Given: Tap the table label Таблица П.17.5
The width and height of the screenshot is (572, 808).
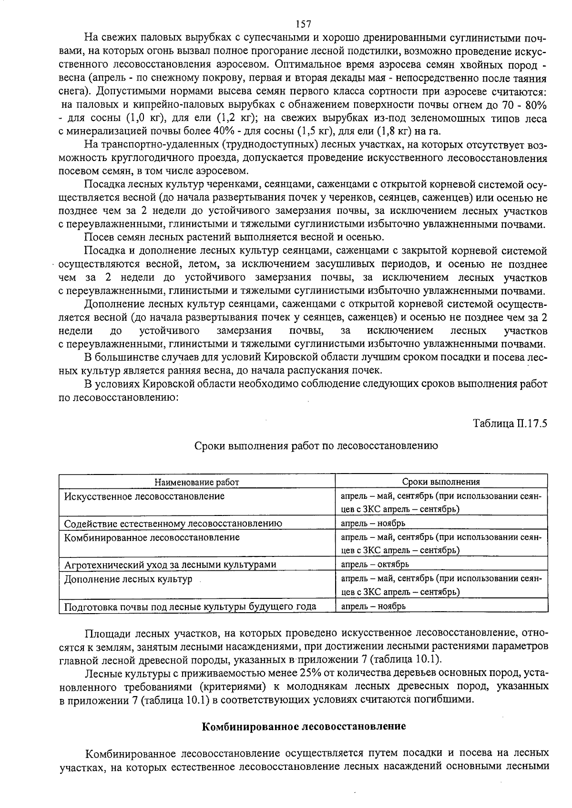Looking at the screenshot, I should [x=510, y=423].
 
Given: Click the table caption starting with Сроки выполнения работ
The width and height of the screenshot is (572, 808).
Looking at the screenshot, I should [x=316, y=446].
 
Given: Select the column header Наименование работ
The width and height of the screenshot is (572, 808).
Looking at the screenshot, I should [x=196, y=482].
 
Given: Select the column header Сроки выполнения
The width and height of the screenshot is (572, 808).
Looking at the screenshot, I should [x=441, y=482].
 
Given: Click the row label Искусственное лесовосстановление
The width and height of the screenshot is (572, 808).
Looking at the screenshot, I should [x=144, y=496].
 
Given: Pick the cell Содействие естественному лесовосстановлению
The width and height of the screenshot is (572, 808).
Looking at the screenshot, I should [x=173, y=524].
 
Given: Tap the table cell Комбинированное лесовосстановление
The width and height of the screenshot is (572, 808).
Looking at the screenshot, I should [x=152, y=537].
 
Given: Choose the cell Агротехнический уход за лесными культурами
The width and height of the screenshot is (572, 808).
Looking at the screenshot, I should [x=170, y=565].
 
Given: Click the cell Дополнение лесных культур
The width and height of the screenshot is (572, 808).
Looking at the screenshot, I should [x=128, y=579].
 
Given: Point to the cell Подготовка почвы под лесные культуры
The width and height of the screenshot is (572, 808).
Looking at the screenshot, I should [x=190, y=606].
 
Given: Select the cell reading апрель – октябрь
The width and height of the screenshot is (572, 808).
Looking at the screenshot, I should [x=375, y=565].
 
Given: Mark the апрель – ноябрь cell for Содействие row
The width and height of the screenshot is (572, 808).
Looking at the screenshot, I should [x=373, y=524].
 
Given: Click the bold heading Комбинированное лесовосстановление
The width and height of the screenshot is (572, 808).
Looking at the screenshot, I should [x=304, y=727].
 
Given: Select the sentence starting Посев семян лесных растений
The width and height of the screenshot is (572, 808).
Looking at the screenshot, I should [x=234, y=237].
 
